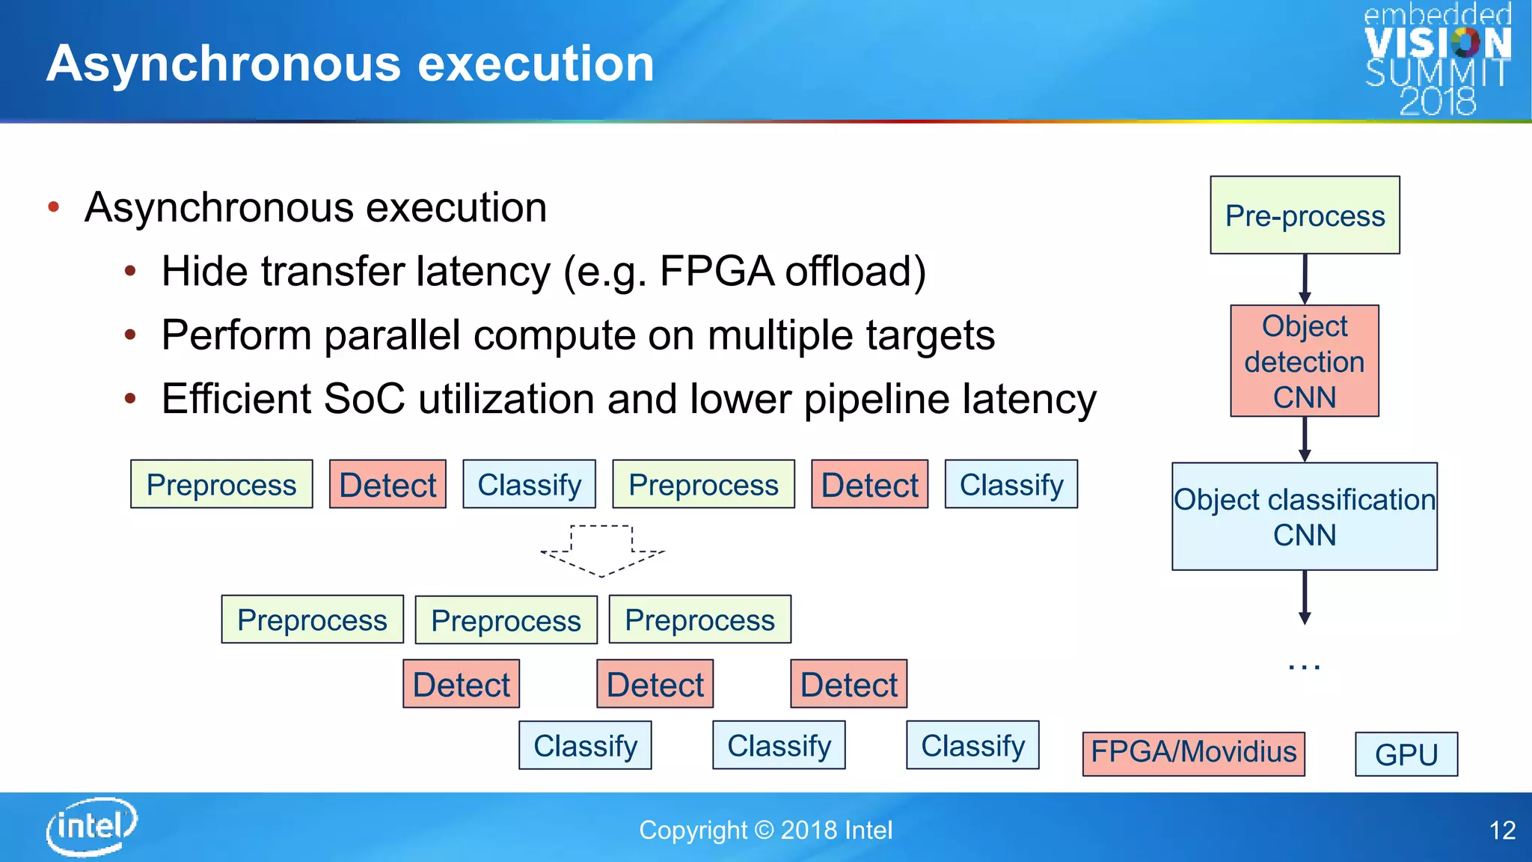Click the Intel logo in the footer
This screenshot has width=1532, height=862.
[91, 826]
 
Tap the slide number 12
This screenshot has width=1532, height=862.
[1502, 831]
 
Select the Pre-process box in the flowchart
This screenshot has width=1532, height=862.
[1305, 215]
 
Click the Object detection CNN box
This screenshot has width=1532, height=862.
[1305, 361]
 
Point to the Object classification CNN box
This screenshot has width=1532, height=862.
[1305, 516]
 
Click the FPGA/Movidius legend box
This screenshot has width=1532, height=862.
[1193, 753]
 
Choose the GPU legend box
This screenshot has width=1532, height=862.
[1406, 754]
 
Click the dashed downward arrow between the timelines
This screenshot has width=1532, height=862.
[602, 551]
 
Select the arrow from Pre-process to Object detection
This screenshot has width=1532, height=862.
[1305, 279]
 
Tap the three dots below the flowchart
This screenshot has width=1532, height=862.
[1305, 666]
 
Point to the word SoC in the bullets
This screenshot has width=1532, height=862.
[364, 399]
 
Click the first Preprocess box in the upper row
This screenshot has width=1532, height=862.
[221, 484]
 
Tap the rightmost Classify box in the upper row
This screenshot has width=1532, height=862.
[1011, 484]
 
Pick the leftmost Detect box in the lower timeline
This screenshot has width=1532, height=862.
[461, 684]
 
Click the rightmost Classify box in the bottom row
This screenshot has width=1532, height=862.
[972, 745]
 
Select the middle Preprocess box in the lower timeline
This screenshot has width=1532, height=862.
[506, 620]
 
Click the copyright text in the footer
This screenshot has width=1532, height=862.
[765, 831]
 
